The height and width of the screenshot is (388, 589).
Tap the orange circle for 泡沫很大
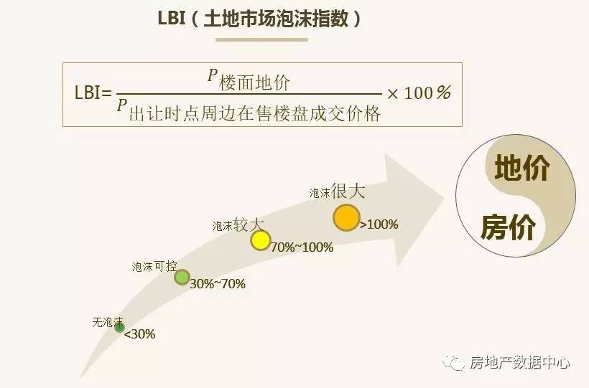tap(346, 217)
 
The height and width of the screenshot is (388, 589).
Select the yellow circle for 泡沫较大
tap(260, 240)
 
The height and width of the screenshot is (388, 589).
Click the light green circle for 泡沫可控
tap(182, 277)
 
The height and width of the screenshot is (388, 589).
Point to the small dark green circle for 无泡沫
tap(119, 327)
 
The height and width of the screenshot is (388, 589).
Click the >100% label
tap(379, 224)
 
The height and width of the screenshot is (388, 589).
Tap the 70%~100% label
tap(302, 247)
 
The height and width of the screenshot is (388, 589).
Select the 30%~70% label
tap(218, 284)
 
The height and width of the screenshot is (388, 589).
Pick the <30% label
tap(139, 333)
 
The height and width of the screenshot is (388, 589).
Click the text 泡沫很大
tap(338, 191)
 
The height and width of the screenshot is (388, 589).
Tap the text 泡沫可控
tap(154, 266)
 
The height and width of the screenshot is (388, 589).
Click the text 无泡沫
tap(108, 322)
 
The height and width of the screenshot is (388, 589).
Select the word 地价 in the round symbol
tap(522, 169)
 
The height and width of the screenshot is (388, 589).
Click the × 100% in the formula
tap(419, 93)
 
